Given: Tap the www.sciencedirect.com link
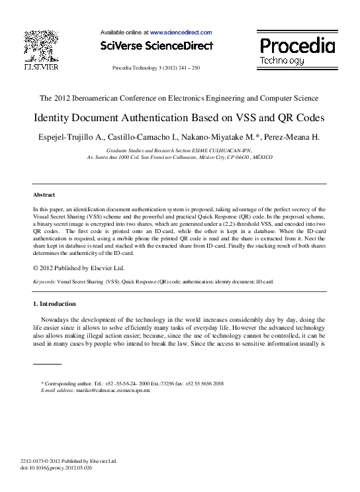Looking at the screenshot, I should [x=181, y=32].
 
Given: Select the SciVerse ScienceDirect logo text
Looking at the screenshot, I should [x=156, y=46].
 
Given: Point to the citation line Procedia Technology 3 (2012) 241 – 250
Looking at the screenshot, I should [x=156, y=68].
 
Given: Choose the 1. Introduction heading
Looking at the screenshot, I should [x=54, y=304].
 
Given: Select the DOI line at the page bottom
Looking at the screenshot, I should [x=57, y=467].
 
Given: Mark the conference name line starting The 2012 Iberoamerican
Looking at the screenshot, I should [x=179, y=98].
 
